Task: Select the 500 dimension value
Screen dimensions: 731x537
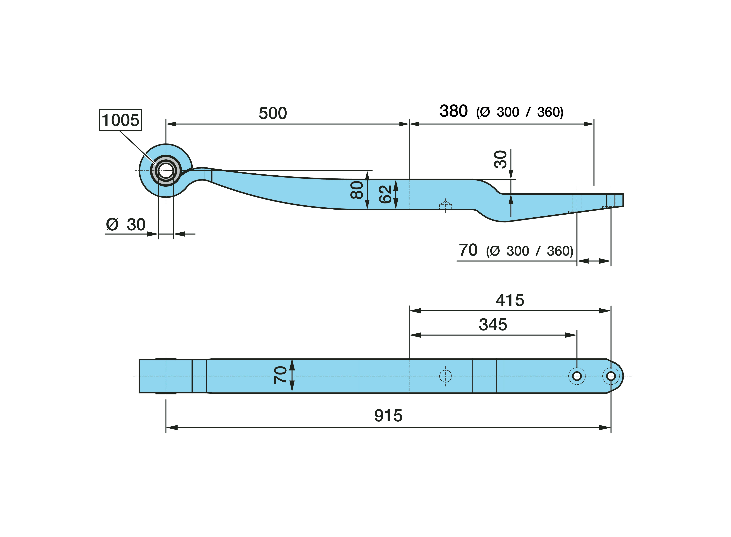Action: pos(273,113)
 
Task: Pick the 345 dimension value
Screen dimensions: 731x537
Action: pos(493,324)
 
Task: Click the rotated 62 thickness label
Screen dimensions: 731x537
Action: pos(385,194)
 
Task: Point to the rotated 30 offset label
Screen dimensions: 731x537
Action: pos(500,159)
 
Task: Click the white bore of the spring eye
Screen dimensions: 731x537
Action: pos(166,171)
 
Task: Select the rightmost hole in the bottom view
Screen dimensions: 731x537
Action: pos(611,376)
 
